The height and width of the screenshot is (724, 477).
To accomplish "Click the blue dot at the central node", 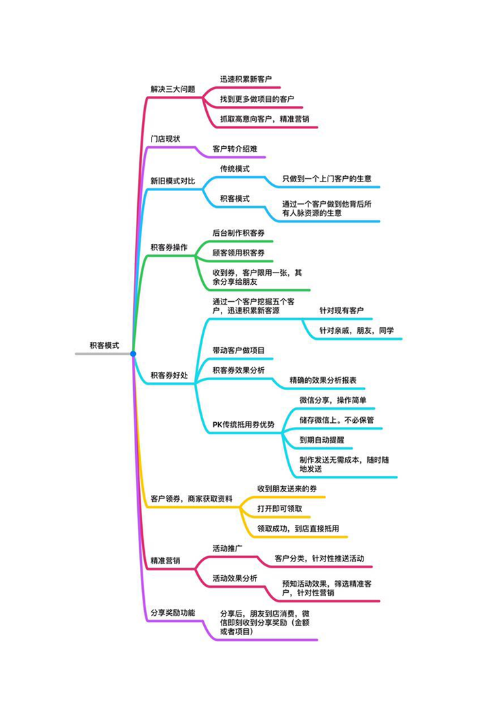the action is tap(133, 354).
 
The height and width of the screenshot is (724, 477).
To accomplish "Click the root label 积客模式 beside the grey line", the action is tap(104, 345).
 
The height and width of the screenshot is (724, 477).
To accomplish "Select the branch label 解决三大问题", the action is tap(173, 89).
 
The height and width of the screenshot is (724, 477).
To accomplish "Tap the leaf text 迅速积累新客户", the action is tap(246, 80).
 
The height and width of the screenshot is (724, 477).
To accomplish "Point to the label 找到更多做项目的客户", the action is tap(257, 99).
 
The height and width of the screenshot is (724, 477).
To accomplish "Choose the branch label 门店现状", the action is tap(165, 139).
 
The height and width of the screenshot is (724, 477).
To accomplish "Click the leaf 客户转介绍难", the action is tap(235, 149).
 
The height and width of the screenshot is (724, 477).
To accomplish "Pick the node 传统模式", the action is tap(235, 169).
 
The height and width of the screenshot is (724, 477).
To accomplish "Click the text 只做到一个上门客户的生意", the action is tap(327, 178).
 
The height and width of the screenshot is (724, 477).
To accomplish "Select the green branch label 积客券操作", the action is tap(169, 247).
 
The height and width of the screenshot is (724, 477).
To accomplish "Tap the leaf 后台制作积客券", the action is tap(238, 232).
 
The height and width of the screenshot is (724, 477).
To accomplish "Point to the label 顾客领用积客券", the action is tap(238, 253).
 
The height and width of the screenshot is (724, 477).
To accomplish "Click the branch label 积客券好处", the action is tap(169, 375).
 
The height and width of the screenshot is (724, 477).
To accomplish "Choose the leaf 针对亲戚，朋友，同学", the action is tap(357, 330).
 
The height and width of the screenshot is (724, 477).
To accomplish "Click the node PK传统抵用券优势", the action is tap(243, 424).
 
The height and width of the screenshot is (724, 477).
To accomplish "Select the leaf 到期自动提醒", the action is tap(321, 440).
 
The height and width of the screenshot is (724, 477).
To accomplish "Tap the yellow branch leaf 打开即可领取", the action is tap(279, 508).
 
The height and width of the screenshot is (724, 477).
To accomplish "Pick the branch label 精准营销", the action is tap(165, 561).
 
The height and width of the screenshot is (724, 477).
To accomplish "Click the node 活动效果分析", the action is tap(235, 578).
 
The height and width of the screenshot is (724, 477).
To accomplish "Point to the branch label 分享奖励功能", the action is tap(173, 613).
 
